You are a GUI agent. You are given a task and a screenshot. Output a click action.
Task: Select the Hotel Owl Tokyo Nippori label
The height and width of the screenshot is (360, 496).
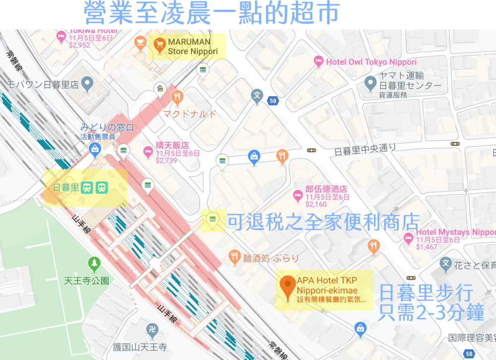pyautogui.click(x=371, y=62)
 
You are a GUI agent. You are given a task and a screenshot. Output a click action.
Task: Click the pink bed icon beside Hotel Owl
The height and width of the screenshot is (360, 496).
pyautogui.click(x=318, y=61)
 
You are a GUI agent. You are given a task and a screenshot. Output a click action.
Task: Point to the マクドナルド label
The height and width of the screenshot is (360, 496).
pyautogui.click(x=190, y=114)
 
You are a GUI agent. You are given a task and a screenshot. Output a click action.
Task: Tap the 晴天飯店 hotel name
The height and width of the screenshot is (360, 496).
pyautogui.click(x=172, y=145)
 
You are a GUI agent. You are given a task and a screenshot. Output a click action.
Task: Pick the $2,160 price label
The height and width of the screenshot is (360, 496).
pyautogui.click(x=316, y=204)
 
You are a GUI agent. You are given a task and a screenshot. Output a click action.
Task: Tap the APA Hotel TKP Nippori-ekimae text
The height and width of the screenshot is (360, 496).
pyautogui.click(x=327, y=286)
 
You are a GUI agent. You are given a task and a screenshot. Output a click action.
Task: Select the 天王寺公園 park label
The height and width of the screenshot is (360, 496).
pyautogui.click(x=86, y=281)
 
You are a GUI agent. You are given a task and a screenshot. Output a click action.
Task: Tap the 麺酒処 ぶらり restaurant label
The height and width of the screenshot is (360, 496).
pyautogui.click(x=271, y=257)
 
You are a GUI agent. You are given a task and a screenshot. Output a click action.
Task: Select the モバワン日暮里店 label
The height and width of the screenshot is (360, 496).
pyautogui.click(x=43, y=84)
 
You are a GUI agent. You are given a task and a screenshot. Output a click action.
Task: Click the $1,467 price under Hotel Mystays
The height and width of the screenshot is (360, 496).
pyautogui.click(x=427, y=246)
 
